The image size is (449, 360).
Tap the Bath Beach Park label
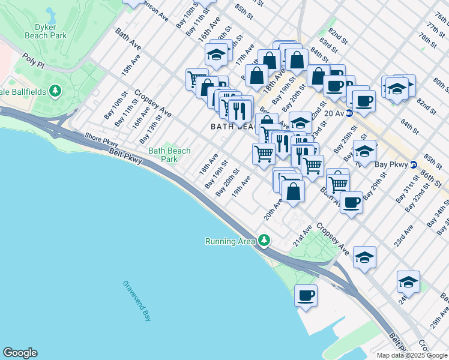(169, 155)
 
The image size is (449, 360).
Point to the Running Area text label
(231, 242)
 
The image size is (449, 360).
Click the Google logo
(20, 353)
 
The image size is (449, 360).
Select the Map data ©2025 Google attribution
(412, 355)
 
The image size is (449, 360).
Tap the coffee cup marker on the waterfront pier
(306, 295)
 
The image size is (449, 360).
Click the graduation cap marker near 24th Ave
(408, 281)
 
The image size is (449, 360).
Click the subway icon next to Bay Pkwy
(413, 164)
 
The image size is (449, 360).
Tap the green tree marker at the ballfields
(56, 91)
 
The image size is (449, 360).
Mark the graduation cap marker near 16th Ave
(216, 55)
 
